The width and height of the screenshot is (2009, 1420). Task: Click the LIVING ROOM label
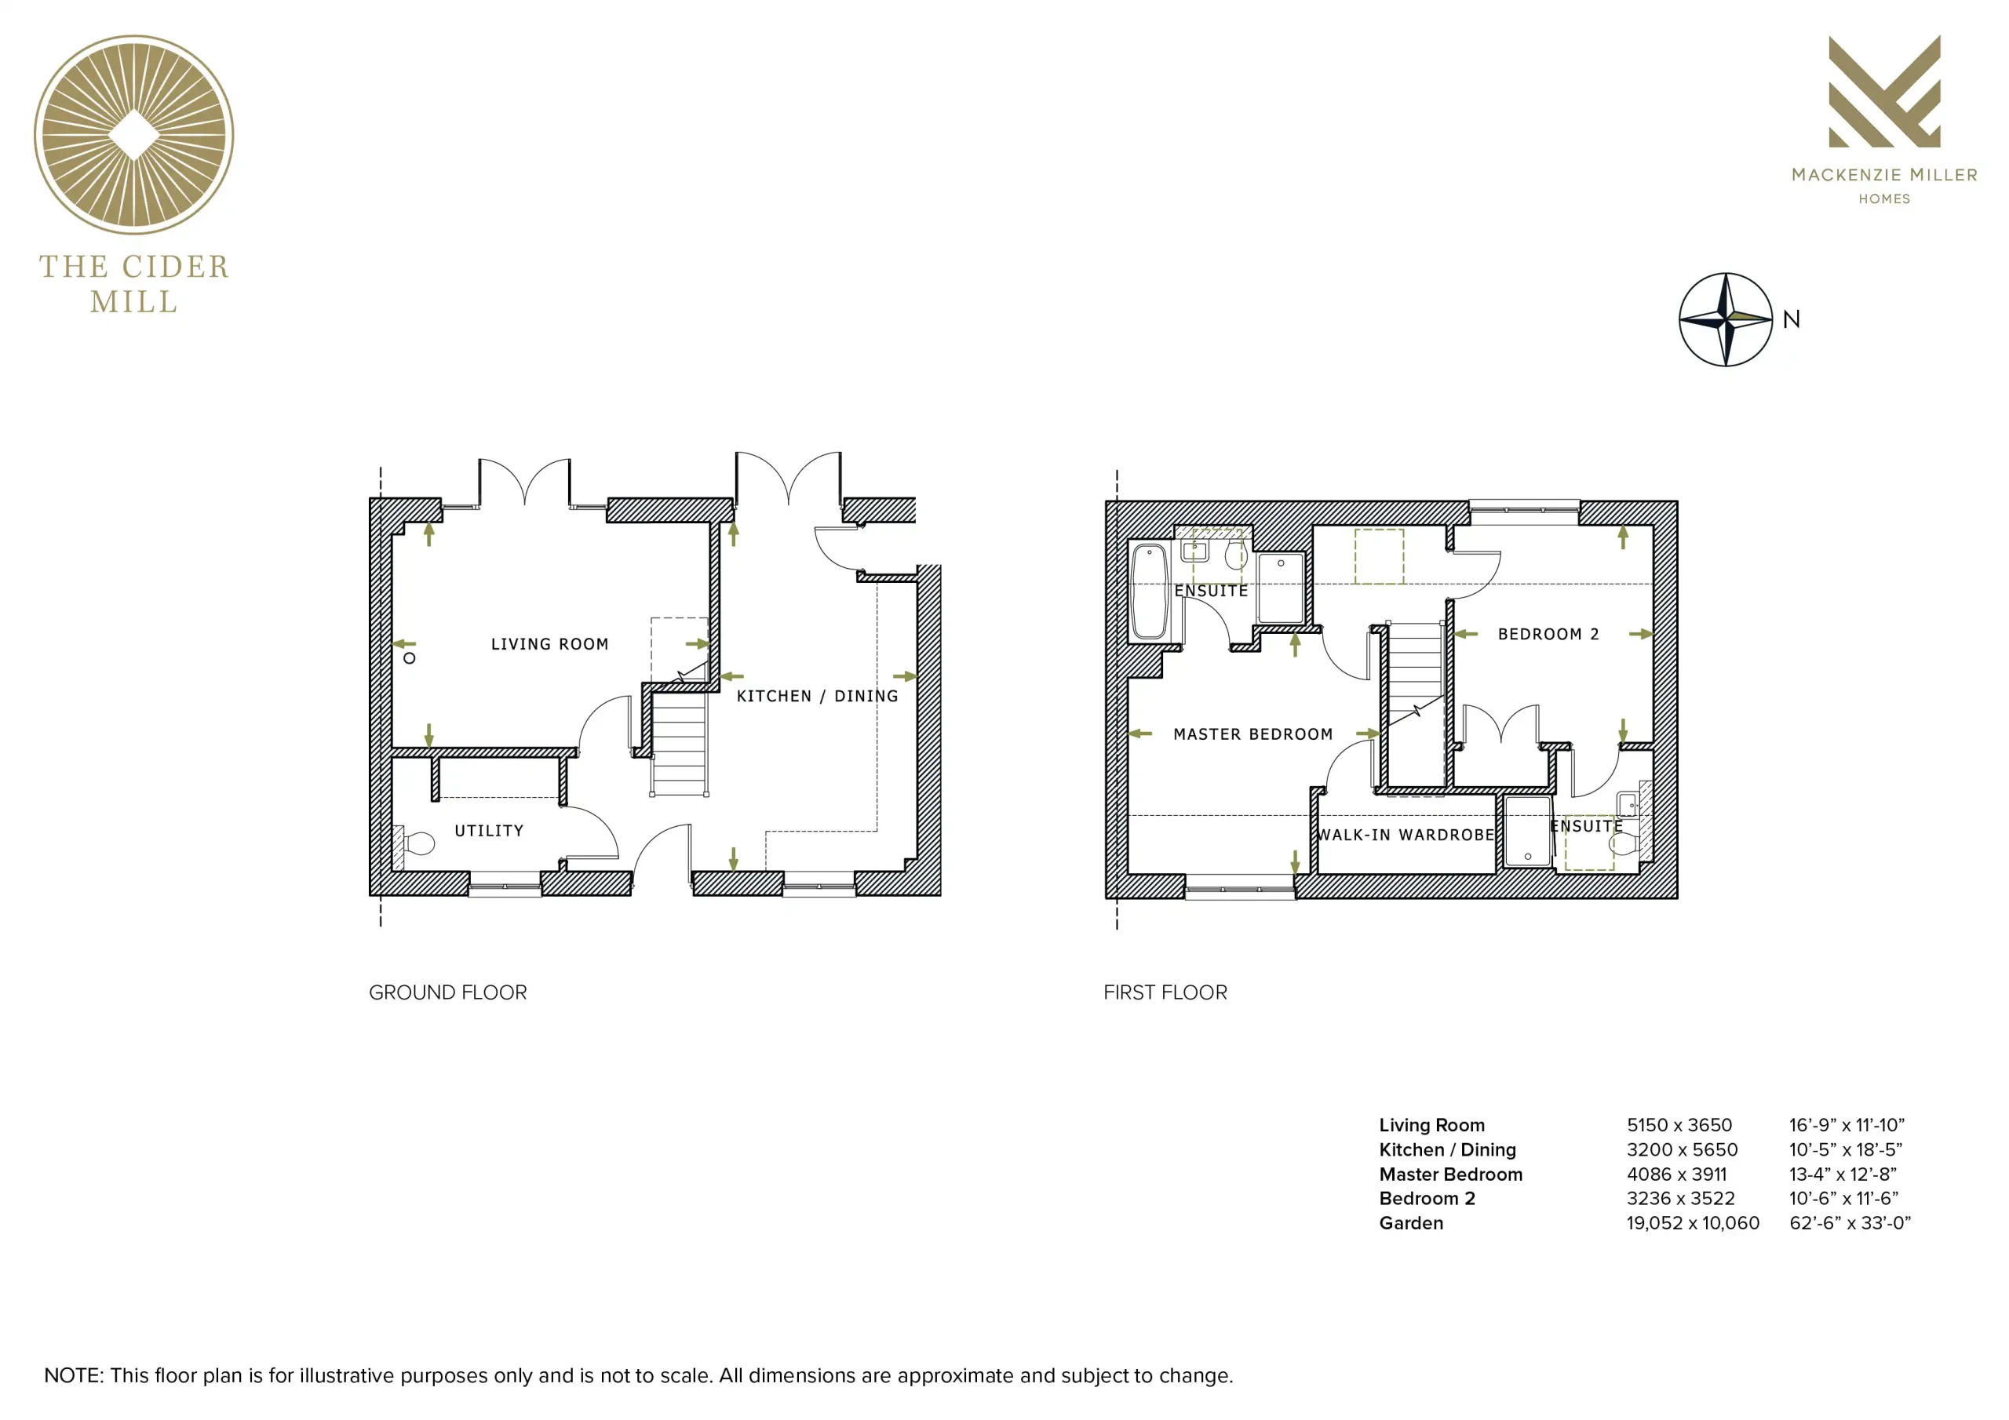549,644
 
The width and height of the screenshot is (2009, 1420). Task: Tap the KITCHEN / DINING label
817,696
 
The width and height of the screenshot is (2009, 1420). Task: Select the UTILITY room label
489,830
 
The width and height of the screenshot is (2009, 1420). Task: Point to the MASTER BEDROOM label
1253,734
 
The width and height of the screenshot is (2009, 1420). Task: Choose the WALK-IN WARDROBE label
1406,835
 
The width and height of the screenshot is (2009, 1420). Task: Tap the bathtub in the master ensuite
1149,592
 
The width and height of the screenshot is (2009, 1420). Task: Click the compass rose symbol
1726,319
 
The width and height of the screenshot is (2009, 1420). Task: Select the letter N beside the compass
1791,319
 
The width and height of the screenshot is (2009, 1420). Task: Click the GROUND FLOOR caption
448,992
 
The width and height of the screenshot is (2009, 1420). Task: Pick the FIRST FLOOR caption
1165,992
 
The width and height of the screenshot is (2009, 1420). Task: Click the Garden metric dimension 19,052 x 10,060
1693,1223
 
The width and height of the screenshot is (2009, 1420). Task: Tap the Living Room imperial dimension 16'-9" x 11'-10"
1847,1125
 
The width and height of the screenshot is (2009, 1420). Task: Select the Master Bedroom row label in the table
1451,1174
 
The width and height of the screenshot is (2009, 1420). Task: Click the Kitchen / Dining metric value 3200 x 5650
1683,1149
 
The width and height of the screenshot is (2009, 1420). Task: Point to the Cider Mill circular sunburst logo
134,135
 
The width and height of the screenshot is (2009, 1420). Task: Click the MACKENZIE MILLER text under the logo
1885,175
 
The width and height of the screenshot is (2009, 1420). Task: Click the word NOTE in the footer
74,1375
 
